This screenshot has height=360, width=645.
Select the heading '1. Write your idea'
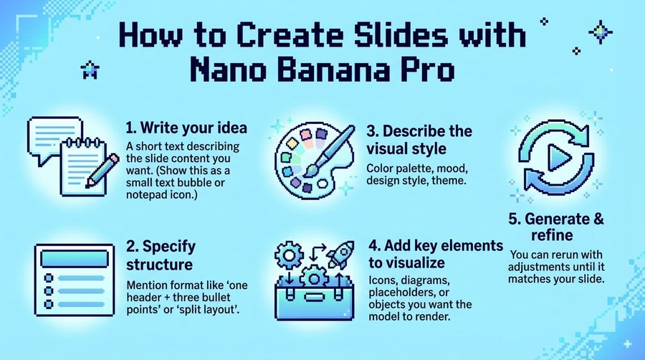tap(186, 128)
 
